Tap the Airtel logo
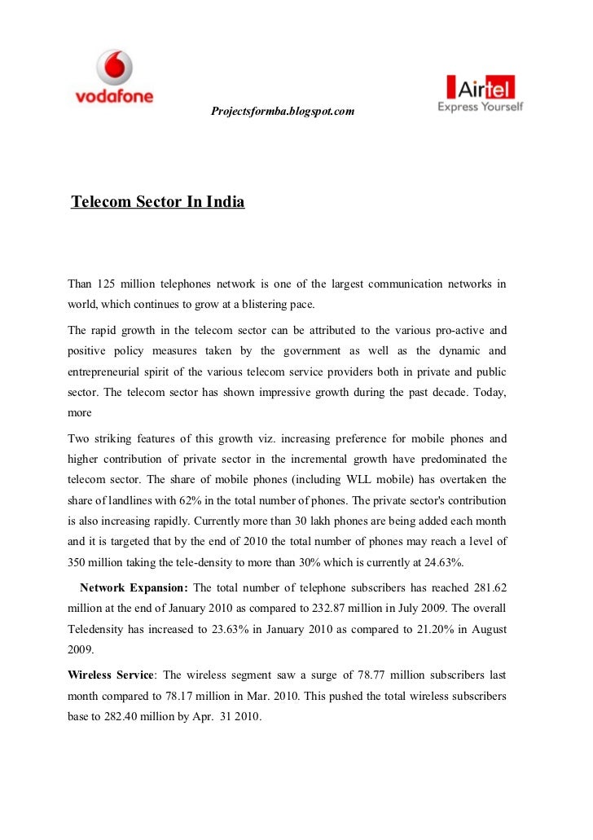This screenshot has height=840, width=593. pyautogui.click(x=481, y=95)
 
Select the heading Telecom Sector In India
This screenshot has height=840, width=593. pyautogui.click(x=158, y=200)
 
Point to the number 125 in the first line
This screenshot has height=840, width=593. pyautogui.click(x=107, y=284)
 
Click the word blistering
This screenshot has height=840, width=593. pyautogui.click(x=249, y=305)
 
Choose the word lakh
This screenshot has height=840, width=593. pyautogui.click(x=310, y=521)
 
